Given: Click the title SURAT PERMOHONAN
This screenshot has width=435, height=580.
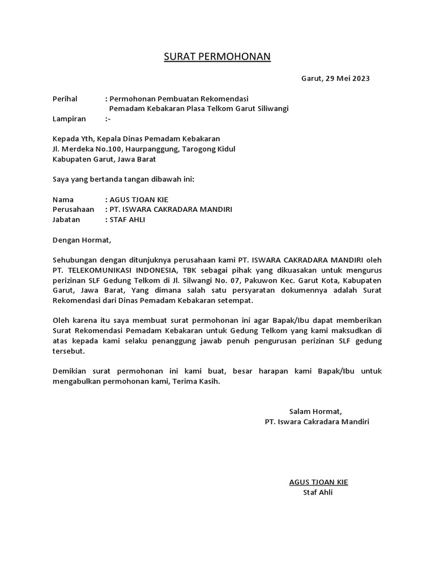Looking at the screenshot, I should [x=217, y=56].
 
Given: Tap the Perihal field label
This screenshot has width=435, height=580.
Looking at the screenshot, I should [x=65, y=98].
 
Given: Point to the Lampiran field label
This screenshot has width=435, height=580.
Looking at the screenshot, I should [x=69, y=119].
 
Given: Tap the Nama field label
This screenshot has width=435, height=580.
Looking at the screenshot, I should [x=63, y=199].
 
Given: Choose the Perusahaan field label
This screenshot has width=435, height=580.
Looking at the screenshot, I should [x=73, y=210].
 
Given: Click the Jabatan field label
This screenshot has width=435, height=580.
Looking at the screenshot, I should [x=66, y=220].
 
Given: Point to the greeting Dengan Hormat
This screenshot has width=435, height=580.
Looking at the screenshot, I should [x=79, y=240].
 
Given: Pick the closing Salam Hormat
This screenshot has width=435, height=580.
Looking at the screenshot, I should [x=315, y=411].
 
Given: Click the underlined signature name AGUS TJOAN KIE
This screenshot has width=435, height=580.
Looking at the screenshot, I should [x=318, y=482].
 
